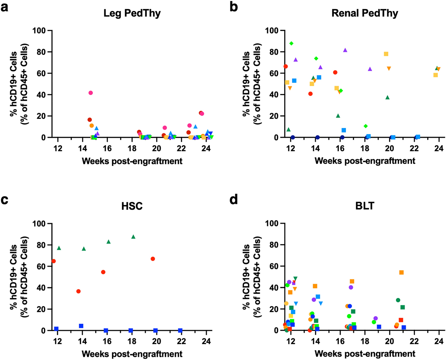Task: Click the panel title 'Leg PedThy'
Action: point(132,13)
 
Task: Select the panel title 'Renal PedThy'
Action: point(365,13)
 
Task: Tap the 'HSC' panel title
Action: point(132,206)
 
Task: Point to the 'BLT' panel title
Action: point(365,206)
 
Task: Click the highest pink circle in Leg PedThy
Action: point(90,93)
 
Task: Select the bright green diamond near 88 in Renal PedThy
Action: point(291,43)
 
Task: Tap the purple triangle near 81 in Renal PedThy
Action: point(345,50)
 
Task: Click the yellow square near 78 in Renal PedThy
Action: point(386,54)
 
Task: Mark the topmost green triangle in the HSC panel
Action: point(133,237)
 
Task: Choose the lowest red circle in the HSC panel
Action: point(78,291)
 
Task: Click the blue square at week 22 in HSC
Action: point(180,330)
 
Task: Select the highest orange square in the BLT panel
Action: point(402,272)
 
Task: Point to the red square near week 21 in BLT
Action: point(401,320)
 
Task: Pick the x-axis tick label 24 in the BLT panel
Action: point(439,342)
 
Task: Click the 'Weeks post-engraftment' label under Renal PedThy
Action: point(365,161)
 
